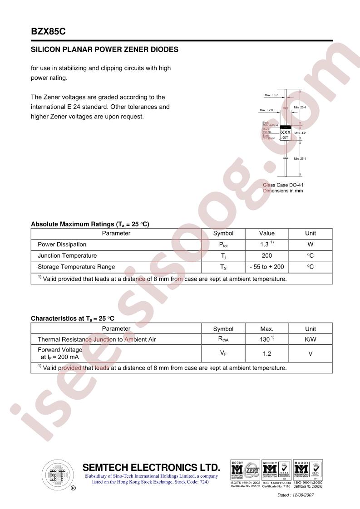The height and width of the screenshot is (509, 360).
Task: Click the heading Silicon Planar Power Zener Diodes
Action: (104, 49)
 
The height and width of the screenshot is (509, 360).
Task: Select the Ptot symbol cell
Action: (223, 245)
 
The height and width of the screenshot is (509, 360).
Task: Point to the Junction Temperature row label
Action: (67, 255)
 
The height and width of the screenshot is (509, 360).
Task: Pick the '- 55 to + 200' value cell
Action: (267, 267)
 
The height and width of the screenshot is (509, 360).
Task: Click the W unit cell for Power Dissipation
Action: (311, 244)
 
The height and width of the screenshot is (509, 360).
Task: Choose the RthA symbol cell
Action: (223, 339)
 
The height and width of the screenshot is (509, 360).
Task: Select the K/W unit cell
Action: (311, 339)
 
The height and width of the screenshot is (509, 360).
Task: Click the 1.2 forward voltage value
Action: (267, 353)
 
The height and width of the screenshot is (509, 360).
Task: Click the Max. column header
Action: (267, 329)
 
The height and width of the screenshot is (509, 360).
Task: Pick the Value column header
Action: (267, 233)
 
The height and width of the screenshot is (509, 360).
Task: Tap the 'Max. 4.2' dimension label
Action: (300, 133)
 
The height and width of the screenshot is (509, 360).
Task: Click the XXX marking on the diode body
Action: (286, 132)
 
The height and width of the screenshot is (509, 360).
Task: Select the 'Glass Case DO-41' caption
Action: (283, 185)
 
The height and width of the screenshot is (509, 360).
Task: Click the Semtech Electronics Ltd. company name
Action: (151, 468)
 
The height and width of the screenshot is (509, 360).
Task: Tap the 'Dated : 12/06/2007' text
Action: (296, 495)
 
